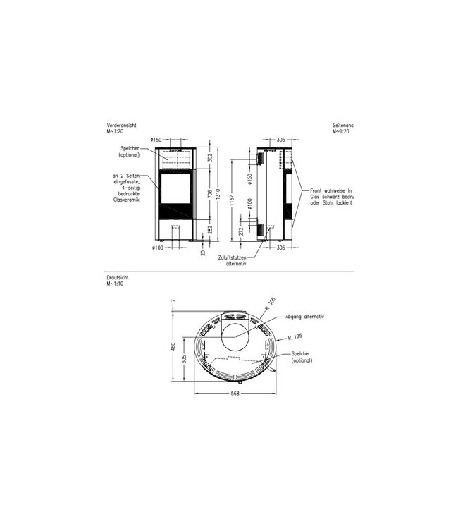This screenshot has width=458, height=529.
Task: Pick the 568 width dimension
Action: (235, 394)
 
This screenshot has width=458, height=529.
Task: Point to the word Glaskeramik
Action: (127, 200)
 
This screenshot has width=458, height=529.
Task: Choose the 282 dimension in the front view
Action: (209, 228)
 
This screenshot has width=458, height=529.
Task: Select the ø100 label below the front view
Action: (157, 248)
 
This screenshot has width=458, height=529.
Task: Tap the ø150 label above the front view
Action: (156, 140)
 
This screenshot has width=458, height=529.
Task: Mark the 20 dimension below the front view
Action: (203, 253)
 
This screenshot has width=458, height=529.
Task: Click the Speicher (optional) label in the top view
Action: (301, 357)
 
